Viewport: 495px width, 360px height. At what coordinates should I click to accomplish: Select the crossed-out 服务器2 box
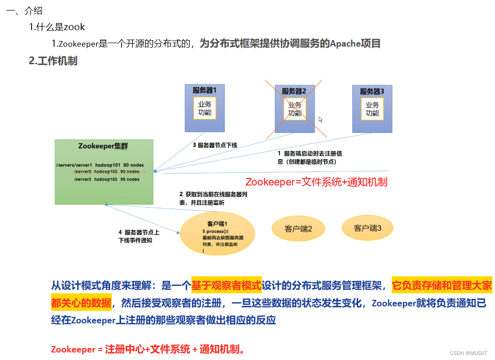(295, 108)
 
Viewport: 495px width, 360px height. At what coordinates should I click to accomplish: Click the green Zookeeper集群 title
(103, 146)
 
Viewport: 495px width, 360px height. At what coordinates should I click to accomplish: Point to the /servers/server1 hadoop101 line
(100, 164)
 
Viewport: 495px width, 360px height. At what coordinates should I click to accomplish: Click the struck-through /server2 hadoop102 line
(106, 171)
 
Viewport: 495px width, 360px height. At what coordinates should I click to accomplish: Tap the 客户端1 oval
(217, 233)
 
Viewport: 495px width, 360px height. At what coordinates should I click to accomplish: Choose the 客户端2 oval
(298, 229)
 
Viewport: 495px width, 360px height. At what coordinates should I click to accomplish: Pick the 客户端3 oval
(368, 228)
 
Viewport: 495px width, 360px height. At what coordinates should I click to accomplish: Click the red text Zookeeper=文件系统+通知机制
(317, 182)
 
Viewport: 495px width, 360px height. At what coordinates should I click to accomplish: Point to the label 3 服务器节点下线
(215, 145)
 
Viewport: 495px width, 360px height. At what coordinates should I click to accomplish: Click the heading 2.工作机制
(53, 61)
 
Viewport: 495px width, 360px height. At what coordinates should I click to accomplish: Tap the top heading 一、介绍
(24, 11)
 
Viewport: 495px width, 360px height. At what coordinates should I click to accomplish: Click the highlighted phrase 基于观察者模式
(226, 286)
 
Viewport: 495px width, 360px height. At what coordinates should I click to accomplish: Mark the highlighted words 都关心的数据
(81, 303)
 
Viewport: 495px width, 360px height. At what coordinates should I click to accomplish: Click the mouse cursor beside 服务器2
(321, 120)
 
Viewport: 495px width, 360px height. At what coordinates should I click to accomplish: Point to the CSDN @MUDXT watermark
(468, 353)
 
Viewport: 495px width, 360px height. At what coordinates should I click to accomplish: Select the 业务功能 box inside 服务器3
(372, 109)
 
